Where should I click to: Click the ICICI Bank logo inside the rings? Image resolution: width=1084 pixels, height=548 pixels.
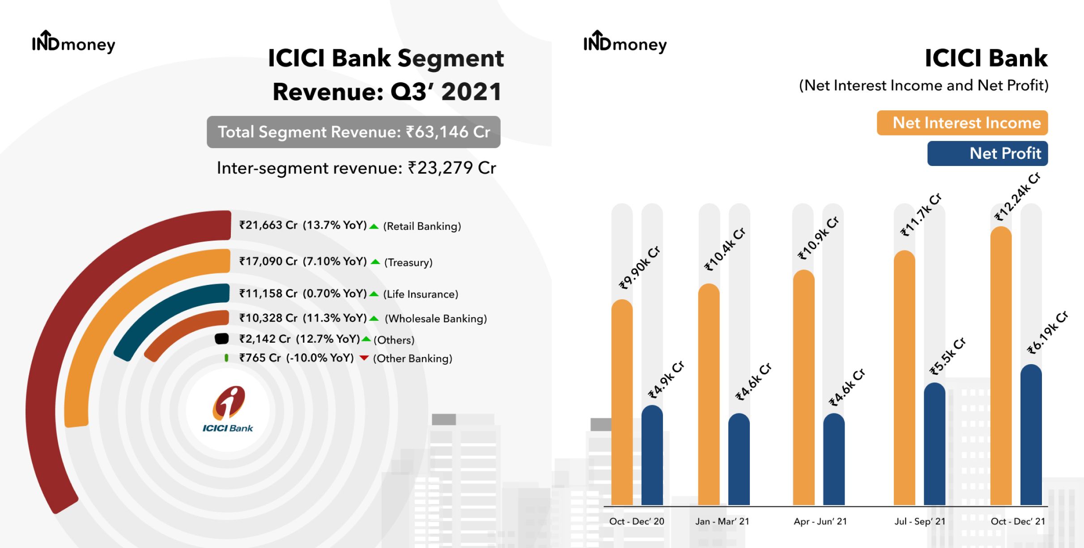click(228, 409)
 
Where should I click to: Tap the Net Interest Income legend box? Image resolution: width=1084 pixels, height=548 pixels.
click(962, 123)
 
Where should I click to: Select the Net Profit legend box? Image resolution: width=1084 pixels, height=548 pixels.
click(988, 153)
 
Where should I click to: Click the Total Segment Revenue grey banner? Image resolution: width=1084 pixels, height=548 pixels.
click(353, 132)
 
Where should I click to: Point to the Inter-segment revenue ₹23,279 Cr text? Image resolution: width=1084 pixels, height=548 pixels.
click(357, 168)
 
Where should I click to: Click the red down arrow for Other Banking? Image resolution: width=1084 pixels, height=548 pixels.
click(364, 358)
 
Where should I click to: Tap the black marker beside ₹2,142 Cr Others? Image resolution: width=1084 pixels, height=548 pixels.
click(222, 339)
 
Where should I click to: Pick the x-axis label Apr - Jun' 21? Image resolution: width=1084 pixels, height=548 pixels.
click(820, 521)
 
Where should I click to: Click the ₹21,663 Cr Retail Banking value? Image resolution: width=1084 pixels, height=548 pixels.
click(268, 225)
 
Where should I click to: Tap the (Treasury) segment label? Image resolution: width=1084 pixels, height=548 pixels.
click(408, 262)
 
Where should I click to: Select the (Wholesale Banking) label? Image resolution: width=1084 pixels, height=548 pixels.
click(436, 319)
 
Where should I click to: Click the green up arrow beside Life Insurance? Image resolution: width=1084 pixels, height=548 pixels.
click(374, 294)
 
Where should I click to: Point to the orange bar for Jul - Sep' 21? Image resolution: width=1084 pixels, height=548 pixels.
click(905, 378)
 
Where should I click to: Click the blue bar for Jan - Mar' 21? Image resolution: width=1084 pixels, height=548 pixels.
click(739, 459)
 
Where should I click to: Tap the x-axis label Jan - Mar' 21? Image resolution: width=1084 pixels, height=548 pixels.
click(722, 521)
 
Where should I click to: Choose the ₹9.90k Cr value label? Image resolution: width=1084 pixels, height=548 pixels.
click(640, 268)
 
